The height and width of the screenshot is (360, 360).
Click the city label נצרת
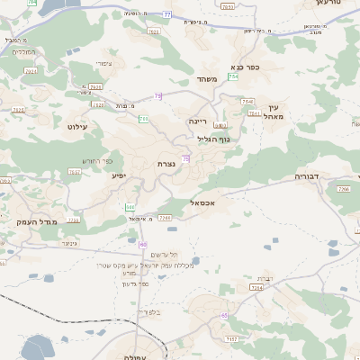166,163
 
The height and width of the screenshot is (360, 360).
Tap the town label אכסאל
204,203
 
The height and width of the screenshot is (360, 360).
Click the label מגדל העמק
36,220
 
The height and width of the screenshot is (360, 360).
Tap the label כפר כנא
246,66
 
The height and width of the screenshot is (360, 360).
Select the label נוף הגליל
213,139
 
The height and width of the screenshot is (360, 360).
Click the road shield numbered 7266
343,189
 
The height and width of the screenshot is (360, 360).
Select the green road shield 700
143,119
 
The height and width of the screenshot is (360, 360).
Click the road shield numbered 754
233,77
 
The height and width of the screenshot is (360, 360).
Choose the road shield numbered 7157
232,338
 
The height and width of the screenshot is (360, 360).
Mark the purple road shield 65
224,315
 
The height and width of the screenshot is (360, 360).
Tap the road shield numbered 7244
257,287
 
